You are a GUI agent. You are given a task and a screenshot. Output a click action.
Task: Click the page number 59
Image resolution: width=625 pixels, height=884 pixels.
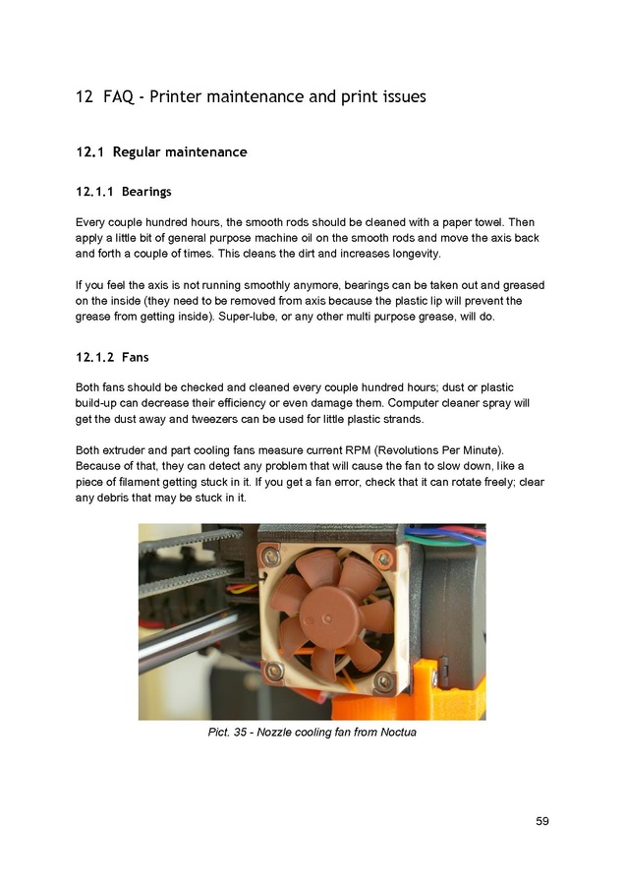pyautogui.click(x=542, y=821)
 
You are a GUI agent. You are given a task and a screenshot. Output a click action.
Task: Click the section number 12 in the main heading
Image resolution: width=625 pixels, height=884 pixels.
pyautogui.click(x=85, y=97)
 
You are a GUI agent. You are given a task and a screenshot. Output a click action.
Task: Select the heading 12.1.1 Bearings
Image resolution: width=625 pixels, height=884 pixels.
pyautogui.click(x=123, y=191)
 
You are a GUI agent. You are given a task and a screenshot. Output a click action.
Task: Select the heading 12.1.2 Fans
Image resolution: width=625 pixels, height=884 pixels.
pyautogui.click(x=112, y=357)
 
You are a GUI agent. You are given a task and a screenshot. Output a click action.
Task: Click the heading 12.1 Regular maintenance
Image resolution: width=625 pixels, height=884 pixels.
pyautogui.click(x=161, y=152)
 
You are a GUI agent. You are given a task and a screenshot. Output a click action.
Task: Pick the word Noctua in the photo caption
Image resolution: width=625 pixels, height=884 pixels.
pyautogui.click(x=395, y=733)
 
